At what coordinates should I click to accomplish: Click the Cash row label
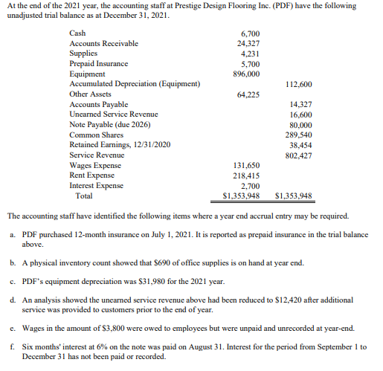pyautogui.click(x=77, y=33)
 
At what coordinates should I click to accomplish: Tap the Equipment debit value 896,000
pyautogui.click(x=246, y=74)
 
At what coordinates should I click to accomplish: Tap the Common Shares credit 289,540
pyautogui.click(x=298, y=135)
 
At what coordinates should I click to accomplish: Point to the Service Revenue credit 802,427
pyautogui.click(x=298, y=155)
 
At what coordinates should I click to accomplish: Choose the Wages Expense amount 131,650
pyautogui.click(x=246, y=166)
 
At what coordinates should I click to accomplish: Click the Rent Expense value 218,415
pyautogui.click(x=246, y=175)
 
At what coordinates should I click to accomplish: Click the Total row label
pyautogui.click(x=84, y=196)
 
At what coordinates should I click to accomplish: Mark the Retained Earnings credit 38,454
pyautogui.click(x=300, y=145)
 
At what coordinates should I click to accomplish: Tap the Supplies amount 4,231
pyautogui.click(x=250, y=54)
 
